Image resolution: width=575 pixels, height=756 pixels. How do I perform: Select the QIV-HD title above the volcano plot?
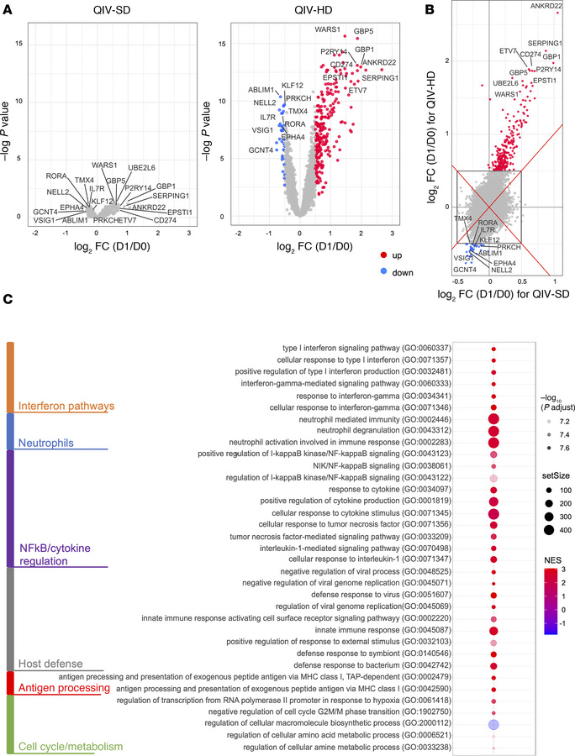303,8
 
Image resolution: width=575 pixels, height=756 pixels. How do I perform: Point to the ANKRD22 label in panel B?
546,7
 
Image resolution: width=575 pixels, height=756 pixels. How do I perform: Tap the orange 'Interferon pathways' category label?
58,407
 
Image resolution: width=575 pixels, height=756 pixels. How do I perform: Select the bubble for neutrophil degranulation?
493,431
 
